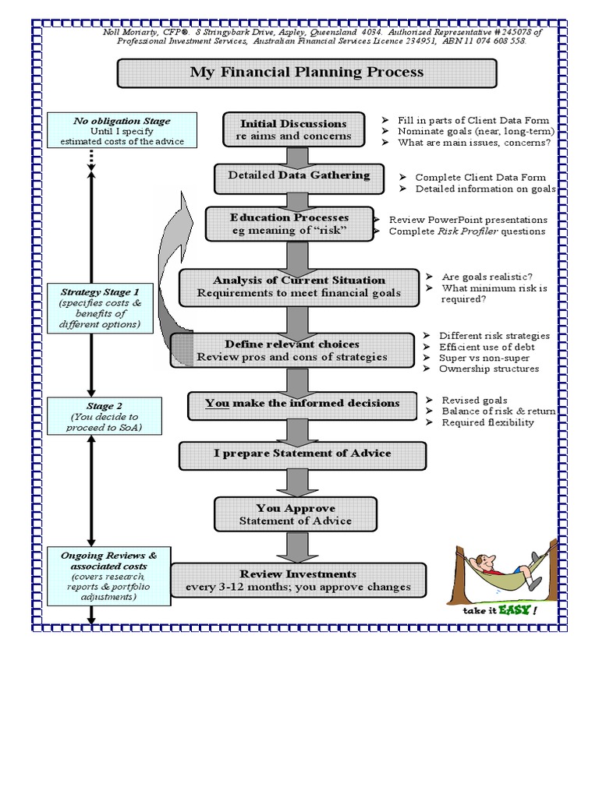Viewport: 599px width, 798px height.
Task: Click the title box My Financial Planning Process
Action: click(307, 73)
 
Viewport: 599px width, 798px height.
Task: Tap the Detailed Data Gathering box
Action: click(299, 176)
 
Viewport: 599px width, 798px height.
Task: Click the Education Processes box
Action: click(289, 224)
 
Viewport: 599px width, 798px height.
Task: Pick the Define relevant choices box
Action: click(292, 351)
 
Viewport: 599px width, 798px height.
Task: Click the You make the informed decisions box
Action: click(302, 404)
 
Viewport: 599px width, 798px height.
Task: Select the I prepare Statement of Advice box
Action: click(303, 454)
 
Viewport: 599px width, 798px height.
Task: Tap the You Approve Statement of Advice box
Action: click(295, 514)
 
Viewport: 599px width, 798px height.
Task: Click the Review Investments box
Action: click(299, 581)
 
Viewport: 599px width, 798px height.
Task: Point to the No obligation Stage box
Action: click(122, 130)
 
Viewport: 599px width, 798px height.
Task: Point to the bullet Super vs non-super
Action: click(484, 358)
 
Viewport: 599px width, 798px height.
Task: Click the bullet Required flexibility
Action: click(487, 422)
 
